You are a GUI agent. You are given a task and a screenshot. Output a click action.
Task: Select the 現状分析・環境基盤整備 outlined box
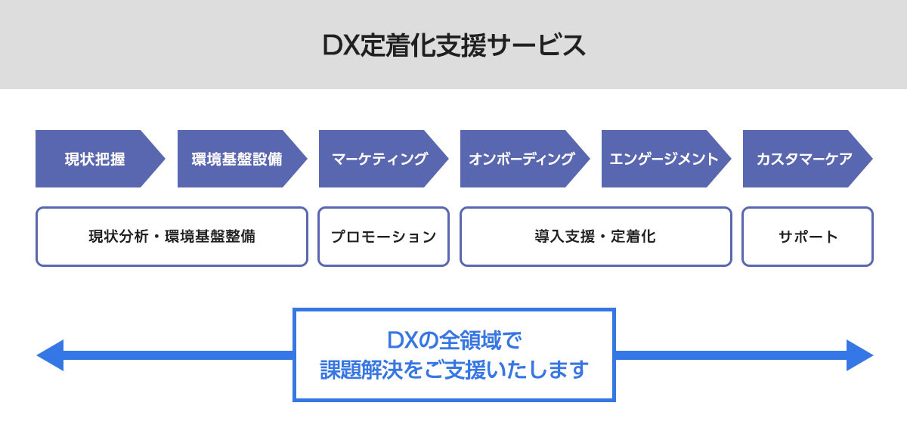pos(172,237)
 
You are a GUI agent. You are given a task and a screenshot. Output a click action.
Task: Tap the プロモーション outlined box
pos(384,237)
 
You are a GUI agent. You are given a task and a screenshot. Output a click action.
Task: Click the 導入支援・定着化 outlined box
pos(596,237)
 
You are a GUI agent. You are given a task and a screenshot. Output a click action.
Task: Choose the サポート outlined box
pos(807,237)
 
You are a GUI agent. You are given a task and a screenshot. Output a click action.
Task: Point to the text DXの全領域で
pos(453,339)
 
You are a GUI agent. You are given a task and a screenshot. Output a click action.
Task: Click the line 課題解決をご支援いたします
pos(453,370)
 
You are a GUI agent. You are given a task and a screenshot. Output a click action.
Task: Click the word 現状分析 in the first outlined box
pos(119,237)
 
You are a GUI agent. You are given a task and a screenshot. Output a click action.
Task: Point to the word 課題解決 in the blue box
pos(350,370)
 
